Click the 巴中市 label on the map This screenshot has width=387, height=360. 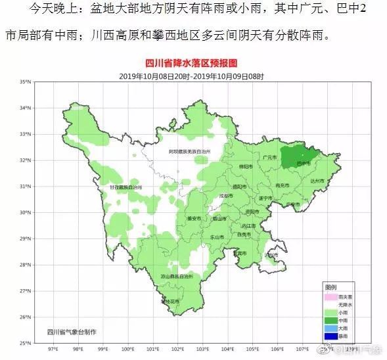tap(302, 161)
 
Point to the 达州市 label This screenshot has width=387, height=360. tap(318, 180)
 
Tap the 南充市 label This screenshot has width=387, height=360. tap(283, 186)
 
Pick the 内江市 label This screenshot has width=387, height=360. tap(250, 225)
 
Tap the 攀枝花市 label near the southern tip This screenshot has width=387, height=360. tap(170, 302)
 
